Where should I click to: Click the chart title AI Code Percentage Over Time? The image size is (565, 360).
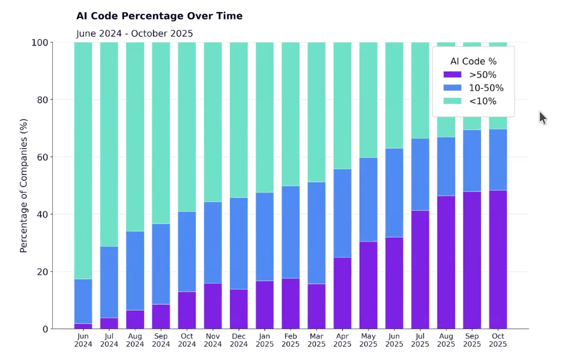click(x=159, y=16)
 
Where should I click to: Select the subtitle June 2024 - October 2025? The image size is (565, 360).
click(x=134, y=34)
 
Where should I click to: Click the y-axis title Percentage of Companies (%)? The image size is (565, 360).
click(x=24, y=186)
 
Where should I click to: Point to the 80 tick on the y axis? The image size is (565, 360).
click(x=41, y=100)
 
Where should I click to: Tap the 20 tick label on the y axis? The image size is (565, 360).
click(x=41, y=272)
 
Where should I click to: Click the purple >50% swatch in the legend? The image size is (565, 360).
click(x=452, y=75)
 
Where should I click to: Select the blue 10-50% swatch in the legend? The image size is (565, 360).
click(x=452, y=88)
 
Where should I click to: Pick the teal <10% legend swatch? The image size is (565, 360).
click(x=452, y=101)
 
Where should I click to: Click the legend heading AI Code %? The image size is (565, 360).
click(x=473, y=61)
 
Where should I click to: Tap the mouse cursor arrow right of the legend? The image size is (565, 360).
click(x=542, y=117)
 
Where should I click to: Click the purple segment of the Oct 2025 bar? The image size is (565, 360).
click(x=498, y=260)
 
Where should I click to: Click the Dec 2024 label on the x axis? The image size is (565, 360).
click(x=239, y=340)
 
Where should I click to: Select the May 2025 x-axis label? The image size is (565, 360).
click(x=368, y=340)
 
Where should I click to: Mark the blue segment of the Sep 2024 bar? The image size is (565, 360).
click(x=161, y=264)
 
